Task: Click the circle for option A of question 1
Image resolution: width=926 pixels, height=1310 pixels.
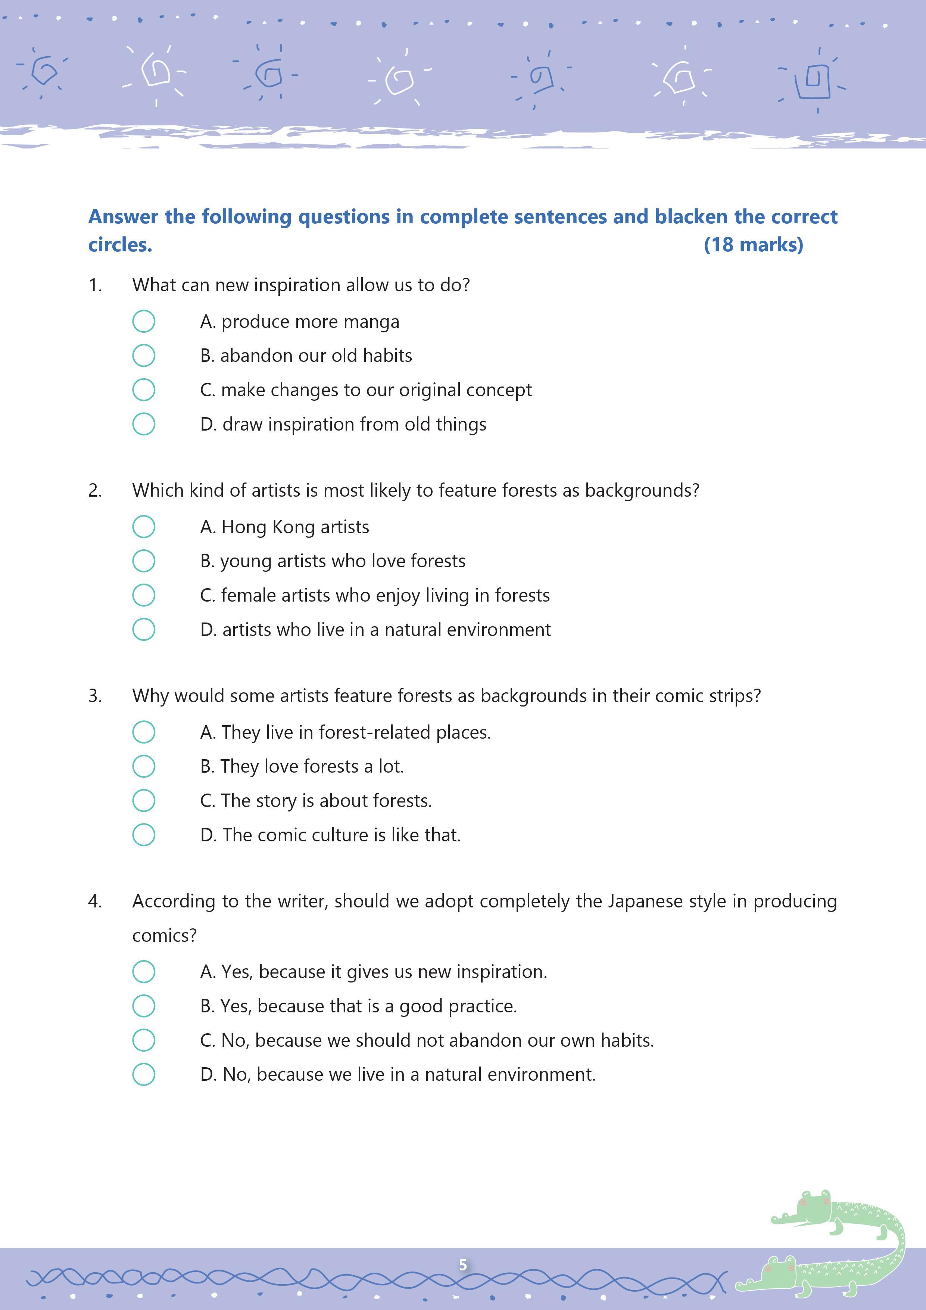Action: point(144,321)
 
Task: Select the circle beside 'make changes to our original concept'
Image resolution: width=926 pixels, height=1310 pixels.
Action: point(144,390)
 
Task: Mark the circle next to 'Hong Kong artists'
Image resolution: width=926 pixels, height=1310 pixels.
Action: point(144,527)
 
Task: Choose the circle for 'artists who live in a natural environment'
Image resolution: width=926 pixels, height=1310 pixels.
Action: point(144,629)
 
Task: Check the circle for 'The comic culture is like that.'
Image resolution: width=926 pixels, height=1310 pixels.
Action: point(144,835)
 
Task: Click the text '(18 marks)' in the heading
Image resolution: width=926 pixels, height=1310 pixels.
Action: point(753,245)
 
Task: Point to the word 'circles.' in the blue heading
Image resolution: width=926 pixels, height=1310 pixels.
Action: point(120,245)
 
